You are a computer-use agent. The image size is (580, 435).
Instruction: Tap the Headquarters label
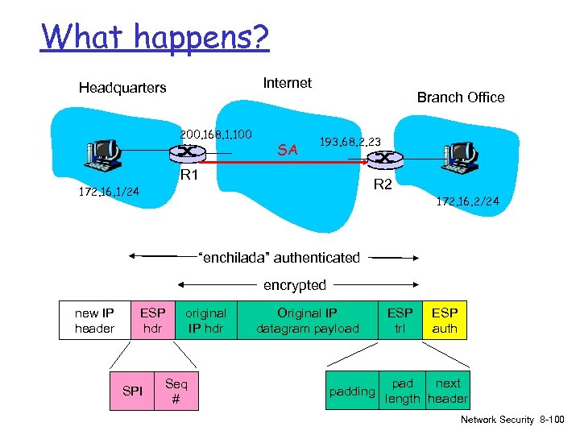point(122,87)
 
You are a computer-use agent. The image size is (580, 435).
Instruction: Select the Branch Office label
point(461,97)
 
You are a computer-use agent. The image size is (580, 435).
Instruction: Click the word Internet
point(288,82)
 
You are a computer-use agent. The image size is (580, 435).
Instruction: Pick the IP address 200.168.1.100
point(217,134)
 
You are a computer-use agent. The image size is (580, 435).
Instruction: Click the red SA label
point(288,150)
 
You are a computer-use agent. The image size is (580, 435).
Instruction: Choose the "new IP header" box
point(94,321)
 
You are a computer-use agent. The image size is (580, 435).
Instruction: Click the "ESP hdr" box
point(152,321)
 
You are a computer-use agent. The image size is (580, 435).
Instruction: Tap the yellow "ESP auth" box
point(445,321)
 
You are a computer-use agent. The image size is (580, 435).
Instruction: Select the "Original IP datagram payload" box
point(307,321)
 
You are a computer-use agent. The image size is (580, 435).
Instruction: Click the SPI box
point(132,391)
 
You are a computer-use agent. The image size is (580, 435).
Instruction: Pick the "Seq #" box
point(176,391)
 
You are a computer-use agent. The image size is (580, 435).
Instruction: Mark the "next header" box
point(448,391)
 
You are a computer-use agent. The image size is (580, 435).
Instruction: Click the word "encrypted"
point(295,285)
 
